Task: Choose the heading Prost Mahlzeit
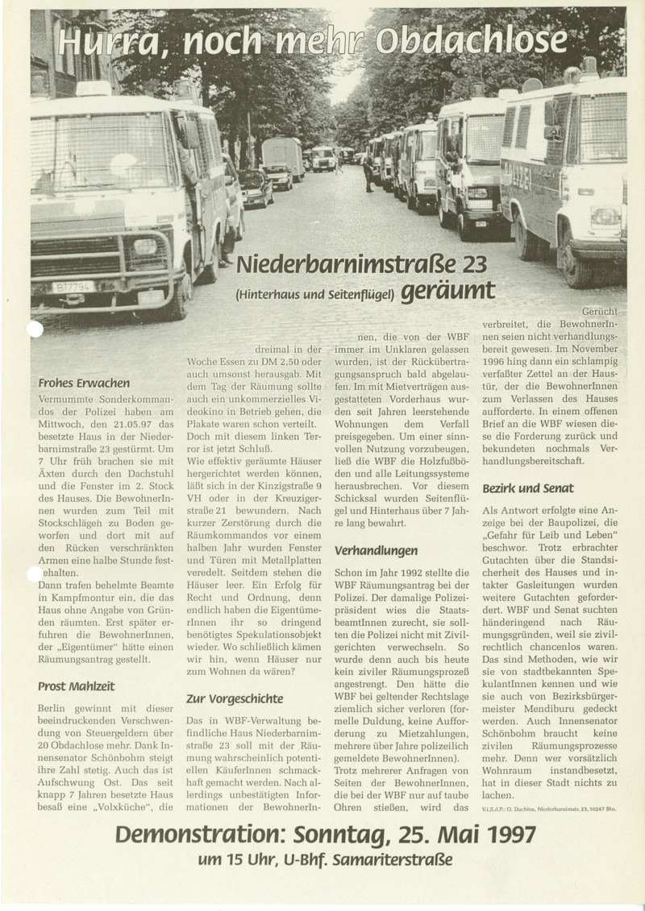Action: pyautogui.click(x=76, y=685)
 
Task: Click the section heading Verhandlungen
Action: pyautogui.click(x=376, y=550)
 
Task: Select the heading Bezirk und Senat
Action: pyautogui.click(x=528, y=488)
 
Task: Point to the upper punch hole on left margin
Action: pyautogui.click(x=35, y=329)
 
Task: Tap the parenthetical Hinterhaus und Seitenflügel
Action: pyautogui.click(x=315, y=293)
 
